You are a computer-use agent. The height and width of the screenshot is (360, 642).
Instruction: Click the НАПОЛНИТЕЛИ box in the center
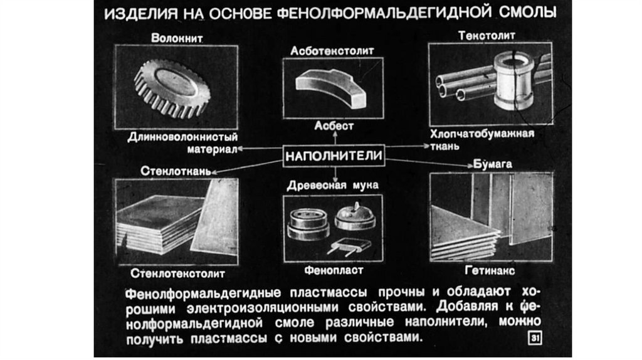(334, 156)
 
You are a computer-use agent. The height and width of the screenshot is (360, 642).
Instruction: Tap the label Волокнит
(177, 38)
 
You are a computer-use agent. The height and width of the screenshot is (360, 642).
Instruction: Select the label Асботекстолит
(332, 51)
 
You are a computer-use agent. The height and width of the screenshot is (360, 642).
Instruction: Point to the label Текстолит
(487, 36)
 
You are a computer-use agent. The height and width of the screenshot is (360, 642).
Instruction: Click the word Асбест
(334, 125)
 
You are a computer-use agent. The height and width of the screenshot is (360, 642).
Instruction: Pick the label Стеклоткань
(176, 171)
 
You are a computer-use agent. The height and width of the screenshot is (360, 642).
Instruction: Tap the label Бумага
(493, 164)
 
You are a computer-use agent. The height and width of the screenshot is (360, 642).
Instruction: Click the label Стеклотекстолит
(177, 273)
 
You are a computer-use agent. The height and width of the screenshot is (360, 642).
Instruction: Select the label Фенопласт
(334, 270)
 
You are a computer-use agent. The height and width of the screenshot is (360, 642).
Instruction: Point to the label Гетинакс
(490, 270)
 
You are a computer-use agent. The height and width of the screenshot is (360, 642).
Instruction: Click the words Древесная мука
(332, 186)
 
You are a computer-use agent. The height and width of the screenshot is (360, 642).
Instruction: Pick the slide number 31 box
(535, 338)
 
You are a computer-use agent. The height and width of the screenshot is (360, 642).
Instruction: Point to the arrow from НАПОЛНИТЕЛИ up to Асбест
(335, 137)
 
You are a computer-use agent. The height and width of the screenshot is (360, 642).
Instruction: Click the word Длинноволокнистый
(182, 137)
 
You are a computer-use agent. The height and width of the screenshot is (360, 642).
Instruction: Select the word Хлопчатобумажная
(482, 134)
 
